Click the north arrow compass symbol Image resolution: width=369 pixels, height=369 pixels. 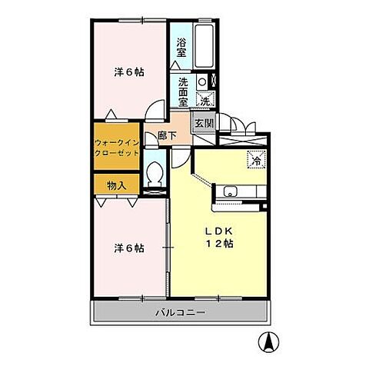(x=268, y=342)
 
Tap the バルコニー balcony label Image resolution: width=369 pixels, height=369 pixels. (x=181, y=312)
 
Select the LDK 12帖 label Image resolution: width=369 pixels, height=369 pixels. (x=219, y=238)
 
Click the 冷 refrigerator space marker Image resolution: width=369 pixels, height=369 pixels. (x=256, y=160)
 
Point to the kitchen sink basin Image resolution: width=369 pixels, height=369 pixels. (x=231, y=191)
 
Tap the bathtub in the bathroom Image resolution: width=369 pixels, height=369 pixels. (x=204, y=46)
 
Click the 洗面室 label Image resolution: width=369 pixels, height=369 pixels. (x=183, y=92)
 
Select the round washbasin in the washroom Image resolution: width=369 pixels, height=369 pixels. (x=202, y=82)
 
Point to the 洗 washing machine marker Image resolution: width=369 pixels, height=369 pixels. (x=205, y=101)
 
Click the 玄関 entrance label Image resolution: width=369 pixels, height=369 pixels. (x=204, y=124)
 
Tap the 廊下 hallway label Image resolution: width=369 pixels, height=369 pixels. (x=167, y=135)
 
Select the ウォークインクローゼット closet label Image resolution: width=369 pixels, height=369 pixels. (x=117, y=148)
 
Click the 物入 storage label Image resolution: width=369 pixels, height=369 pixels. (x=117, y=185)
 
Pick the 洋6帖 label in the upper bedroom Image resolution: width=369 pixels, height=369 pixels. (x=129, y=72)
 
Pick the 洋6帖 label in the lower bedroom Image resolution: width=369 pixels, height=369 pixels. (x=129, y=248)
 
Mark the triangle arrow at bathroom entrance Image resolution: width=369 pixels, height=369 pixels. (x=175, y=65)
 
